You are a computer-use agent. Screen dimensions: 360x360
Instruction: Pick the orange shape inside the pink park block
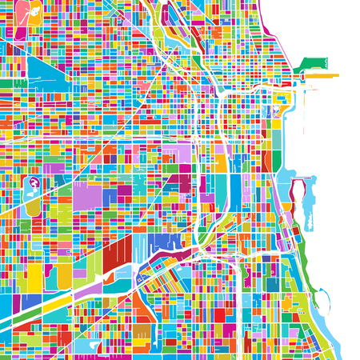pos(32,11)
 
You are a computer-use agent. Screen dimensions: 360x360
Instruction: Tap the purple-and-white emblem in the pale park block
pos(33,184)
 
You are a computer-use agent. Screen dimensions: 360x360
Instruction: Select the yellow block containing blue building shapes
pos(279,102)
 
